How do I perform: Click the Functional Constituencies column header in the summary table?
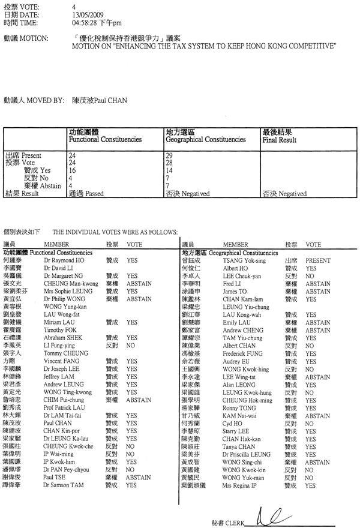coord(105,139)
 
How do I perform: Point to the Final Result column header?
coord(279,139)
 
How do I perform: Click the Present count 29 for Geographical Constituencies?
coord(169,155)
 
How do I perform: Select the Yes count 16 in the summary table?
coord(73,170)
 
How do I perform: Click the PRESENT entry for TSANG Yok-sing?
coord(318,261)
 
